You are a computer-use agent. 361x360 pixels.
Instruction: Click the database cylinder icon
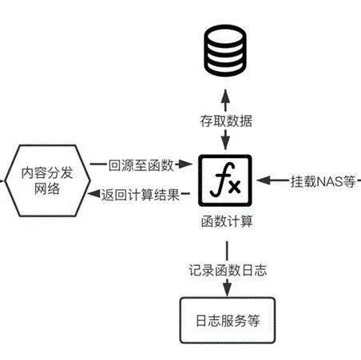point(225,50)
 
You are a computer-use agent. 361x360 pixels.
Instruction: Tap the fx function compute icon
point(225,180)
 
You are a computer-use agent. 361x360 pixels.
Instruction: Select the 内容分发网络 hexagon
point(47,180)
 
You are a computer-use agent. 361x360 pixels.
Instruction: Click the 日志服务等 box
point(228,320)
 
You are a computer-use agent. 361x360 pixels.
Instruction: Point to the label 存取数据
point(226,121)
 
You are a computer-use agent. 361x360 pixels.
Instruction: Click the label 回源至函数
point(141,165)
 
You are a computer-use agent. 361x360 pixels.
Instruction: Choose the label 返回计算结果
point(141,195)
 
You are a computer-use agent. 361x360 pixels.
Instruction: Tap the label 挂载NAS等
point(323,182)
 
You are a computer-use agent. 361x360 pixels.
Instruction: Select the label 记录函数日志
point(228,271)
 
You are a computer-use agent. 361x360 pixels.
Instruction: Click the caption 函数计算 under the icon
point(227,221)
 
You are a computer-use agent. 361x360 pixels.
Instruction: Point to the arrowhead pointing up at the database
point(225,95)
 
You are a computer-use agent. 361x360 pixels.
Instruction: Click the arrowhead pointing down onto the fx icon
point(225,144)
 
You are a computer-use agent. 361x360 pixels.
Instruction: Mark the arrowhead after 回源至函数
point(185,164)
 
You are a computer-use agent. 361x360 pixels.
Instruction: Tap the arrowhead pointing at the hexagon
point(94,194)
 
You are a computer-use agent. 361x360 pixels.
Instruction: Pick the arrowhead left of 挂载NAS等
point(264,180)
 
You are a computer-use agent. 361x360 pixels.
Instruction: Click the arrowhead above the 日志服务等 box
point(227,290)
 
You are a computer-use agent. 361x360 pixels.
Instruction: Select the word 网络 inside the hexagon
point(47,189)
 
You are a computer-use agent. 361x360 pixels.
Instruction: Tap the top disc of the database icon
point(225,34)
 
